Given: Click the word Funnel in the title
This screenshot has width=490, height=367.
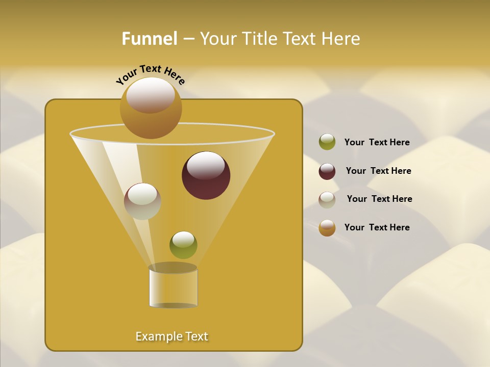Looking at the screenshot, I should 149,39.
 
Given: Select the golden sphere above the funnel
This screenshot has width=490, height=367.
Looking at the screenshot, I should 151,108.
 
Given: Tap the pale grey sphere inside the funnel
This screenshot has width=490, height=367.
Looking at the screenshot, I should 142,201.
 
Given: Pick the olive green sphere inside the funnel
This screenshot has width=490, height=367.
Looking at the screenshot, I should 183,245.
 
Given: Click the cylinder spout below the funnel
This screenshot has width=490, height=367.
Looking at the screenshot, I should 173,287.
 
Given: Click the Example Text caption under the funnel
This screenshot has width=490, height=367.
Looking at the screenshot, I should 171,336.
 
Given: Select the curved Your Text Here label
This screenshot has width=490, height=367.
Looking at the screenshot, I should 150,74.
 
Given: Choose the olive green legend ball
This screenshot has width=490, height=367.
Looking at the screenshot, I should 327,142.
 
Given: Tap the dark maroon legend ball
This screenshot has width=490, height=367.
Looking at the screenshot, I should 327,171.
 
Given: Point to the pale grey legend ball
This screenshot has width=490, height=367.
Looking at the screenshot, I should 327,200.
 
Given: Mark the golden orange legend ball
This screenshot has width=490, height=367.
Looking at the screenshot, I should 327,228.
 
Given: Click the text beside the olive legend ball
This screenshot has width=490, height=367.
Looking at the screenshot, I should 377,143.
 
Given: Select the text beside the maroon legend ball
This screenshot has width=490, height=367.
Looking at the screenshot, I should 378,171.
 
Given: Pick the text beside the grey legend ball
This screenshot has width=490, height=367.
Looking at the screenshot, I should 379,199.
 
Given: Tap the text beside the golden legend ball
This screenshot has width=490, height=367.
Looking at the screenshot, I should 377,227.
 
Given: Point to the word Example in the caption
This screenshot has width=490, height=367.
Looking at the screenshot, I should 157,336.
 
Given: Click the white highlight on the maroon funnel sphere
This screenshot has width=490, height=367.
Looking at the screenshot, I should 206,165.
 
